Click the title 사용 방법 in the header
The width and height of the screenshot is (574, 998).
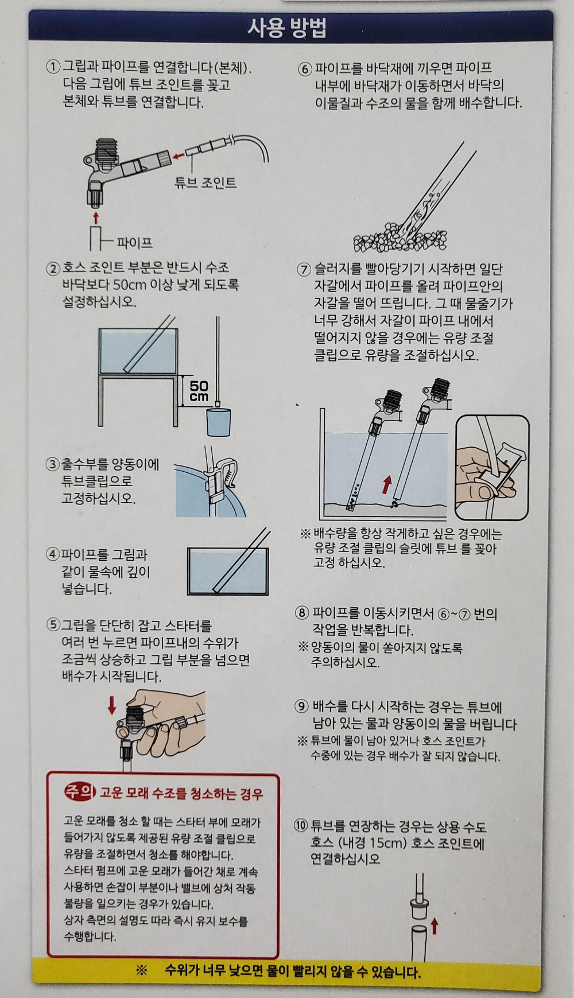point(287,28)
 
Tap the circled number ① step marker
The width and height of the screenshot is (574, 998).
point(53,67)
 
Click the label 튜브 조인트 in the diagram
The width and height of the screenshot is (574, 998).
point(205,182)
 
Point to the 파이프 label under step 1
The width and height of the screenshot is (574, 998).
point(135,242)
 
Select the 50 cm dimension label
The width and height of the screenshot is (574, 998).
point(199,391)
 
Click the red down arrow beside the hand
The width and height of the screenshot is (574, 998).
point(112,705)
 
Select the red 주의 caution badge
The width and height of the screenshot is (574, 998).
point(79,793)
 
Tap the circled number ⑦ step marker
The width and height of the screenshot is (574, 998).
point(304,269)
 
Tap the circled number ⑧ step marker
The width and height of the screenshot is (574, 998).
point(302,613)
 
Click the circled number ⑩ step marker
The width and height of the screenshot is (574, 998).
point(301,826)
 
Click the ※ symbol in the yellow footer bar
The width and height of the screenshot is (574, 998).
point(142,971)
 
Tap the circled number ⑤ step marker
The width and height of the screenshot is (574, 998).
point(53,625)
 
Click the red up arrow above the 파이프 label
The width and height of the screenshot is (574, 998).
point(96,218)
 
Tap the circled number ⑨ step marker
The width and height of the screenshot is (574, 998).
point(302,706)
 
